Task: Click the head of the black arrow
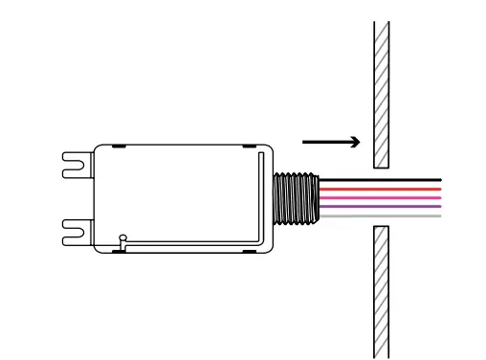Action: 355,143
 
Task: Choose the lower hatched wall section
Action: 382,291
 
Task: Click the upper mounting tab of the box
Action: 77,164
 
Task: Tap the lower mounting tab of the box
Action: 77,230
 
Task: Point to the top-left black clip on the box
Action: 119,146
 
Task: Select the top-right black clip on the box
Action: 249,146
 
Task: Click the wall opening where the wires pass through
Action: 382,196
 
